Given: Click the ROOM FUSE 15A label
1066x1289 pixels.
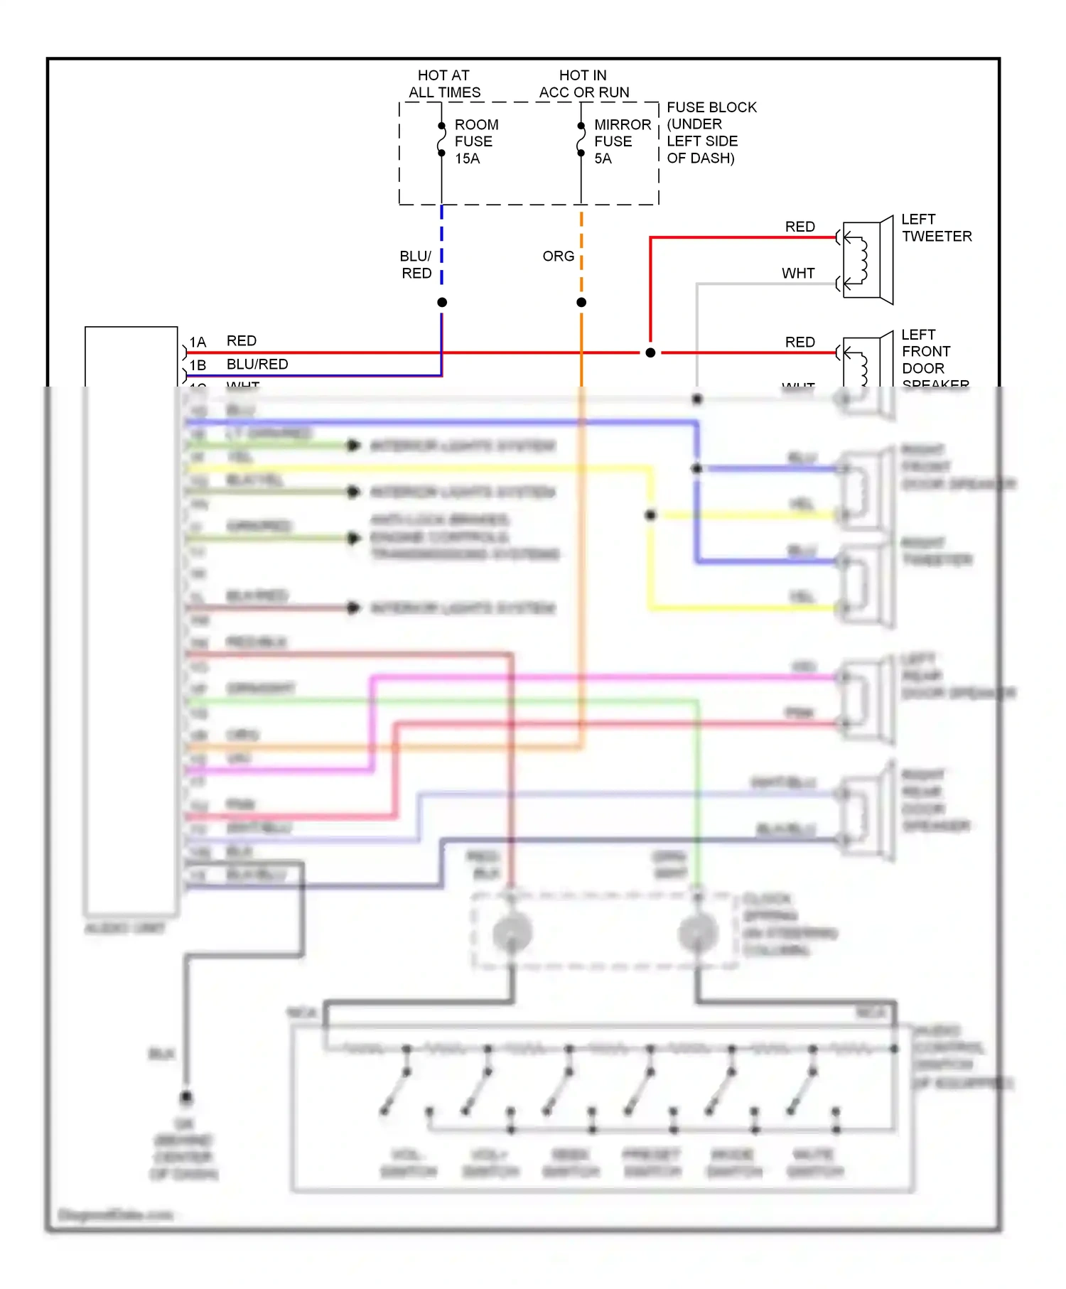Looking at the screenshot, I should pos(476,141).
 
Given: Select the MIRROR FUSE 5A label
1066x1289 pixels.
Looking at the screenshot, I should pos(622,141).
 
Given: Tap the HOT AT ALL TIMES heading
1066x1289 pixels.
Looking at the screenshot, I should pos(444,84).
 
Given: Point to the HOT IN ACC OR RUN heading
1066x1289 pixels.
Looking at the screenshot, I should pos(583,84).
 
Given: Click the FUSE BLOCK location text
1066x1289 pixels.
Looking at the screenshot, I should pos(711,132).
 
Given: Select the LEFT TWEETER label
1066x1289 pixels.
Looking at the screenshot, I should pos(935,228).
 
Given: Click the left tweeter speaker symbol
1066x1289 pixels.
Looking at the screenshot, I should pos(867,260).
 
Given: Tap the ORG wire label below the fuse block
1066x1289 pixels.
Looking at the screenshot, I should pos(558,256).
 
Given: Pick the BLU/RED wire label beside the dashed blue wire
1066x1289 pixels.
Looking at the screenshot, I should pos(416,264).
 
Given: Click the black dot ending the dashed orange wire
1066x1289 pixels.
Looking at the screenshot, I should pos(581,303).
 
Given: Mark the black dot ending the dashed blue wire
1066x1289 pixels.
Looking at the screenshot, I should pos(442,303).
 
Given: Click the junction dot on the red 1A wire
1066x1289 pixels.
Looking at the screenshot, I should pos(650,352).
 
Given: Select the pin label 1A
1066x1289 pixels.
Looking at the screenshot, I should pos(198,343).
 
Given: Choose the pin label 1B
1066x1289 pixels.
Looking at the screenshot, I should pos(198,365).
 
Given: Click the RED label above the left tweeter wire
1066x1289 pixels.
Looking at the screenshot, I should pos(799,227).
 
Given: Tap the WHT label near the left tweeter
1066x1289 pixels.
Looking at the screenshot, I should pos(798,274).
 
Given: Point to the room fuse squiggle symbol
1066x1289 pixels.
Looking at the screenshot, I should pos(441,139).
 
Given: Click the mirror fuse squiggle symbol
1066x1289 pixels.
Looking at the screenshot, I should pos(581,139).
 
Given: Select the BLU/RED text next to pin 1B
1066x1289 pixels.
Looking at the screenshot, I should pos(257,365).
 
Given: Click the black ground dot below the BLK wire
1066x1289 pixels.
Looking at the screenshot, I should pos(186,1097).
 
